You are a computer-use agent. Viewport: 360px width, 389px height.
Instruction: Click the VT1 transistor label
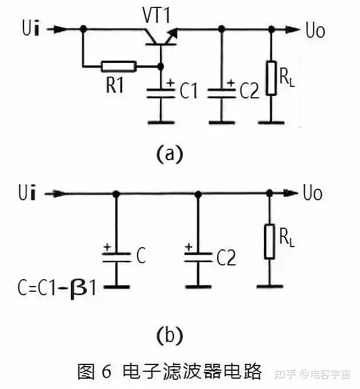pos(156,15)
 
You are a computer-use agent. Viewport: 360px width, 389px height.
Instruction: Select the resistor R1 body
pos(119,66)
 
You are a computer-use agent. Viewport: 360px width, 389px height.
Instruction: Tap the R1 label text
pos(114,85)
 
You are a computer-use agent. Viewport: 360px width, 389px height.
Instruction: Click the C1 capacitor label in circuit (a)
pos(189,90)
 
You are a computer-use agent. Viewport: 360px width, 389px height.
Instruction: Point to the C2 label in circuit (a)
pos(249,90)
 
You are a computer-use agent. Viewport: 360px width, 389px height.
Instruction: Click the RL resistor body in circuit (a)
pos(271,78)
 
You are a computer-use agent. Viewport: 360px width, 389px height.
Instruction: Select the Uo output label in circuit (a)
pos(315,30)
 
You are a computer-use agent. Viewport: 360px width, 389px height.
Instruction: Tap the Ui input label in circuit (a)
pos(31,28)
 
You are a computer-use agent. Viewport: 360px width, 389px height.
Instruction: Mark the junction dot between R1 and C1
pos(161,66)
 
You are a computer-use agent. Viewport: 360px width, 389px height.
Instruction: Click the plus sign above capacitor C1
pos(170,82)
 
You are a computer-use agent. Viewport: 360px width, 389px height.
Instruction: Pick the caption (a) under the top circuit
pos(170,154)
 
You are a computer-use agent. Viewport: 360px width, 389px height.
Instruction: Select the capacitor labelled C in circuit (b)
pos(117,257)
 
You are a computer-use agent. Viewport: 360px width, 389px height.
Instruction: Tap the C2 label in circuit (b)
pos(226,257)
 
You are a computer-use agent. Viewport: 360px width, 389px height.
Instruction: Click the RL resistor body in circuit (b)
pos(270,241)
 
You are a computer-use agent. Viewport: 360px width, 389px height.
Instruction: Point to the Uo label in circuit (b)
pos(313,193)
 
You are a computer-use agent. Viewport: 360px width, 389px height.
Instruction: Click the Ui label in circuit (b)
pos(27,192)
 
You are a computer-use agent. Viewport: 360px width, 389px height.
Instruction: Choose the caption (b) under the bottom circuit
pos(170,335)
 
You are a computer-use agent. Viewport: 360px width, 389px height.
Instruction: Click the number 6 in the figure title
pos(106,371)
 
